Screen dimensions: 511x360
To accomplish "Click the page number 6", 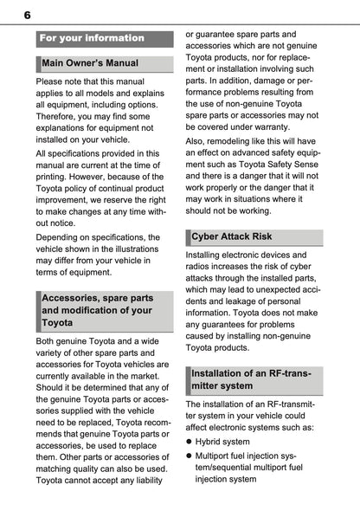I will (x=28, y=15).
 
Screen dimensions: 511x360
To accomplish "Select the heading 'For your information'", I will (x=92, y=38).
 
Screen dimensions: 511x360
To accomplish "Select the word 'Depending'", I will (x=61, y=236).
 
